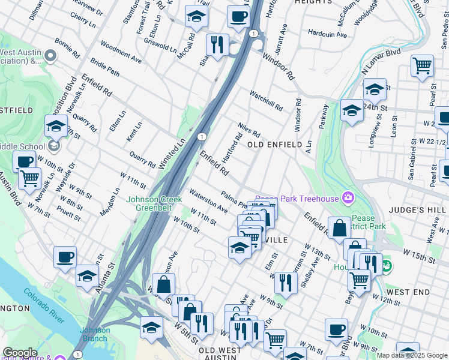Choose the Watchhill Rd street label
click(x=266, y=100)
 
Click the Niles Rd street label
click(x=249, y=130)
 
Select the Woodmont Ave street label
click(x=121, y=52)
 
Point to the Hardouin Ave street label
click(x=327, y=34)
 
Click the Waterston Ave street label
click(x=208, y=200)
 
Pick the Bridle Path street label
click(x=105, y=67)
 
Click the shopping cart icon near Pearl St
click(x=422, y=65)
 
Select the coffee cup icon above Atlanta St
click(x=65, y=257)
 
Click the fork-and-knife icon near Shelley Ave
click(x=286, y=283)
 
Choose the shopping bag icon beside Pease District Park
click(x=339, y=228)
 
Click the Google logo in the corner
click(x=19, y=353)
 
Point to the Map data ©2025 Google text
click(x=411, y=355)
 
